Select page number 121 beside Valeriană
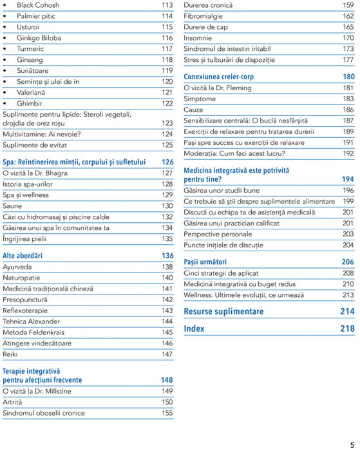[167, 92]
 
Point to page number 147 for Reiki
[167, 354]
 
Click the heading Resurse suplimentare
[223, 312]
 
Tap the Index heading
[194, 329]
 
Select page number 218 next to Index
[347, 329]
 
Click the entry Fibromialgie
[203, 16]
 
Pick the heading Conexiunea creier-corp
[218, 77]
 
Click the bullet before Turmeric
[6, 49]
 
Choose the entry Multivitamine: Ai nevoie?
[42, 134]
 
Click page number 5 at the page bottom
[352, 444]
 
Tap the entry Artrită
[12, 401]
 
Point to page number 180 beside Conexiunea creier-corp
[348, 77]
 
